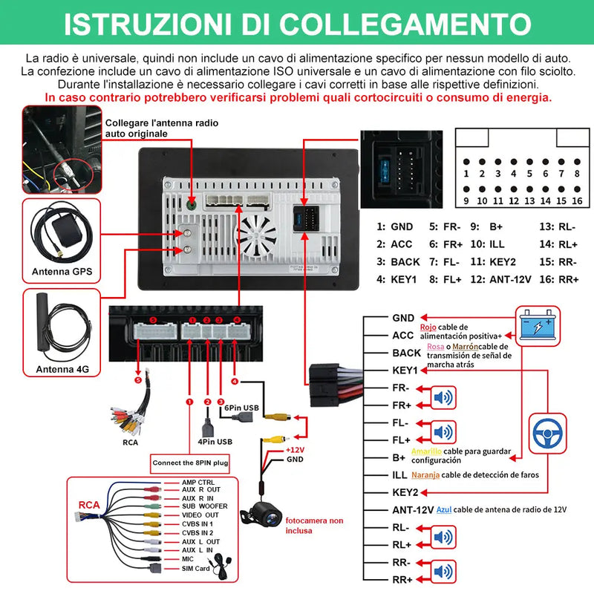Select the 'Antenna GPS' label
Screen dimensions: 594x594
[62, 272]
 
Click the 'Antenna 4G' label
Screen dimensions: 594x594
[62, 369]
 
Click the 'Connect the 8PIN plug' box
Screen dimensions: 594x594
[191, 463]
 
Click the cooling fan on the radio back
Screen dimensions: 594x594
[257, 233]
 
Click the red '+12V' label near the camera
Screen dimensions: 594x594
[296, 450]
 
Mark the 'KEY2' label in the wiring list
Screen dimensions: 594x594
[405, 492]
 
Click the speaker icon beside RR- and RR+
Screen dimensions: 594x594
[443, 571]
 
